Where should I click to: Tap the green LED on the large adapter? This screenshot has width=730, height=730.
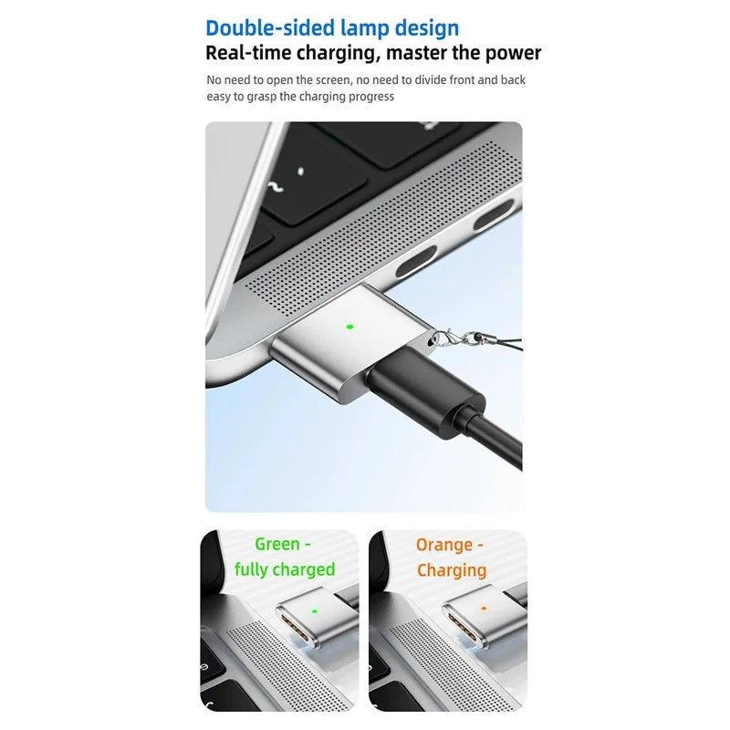click(349, 326)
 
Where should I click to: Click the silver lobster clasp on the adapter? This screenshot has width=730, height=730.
click(443, 339)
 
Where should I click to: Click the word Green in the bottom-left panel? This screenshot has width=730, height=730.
click(277, 545)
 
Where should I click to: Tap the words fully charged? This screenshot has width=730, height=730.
click(285, 570)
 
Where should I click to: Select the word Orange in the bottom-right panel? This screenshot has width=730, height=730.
click(444, 545)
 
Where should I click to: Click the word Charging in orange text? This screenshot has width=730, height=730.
click(452, 570)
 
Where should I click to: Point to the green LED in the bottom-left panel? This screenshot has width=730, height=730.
click(314, 611)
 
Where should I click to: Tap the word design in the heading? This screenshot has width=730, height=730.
click(428, 27)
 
